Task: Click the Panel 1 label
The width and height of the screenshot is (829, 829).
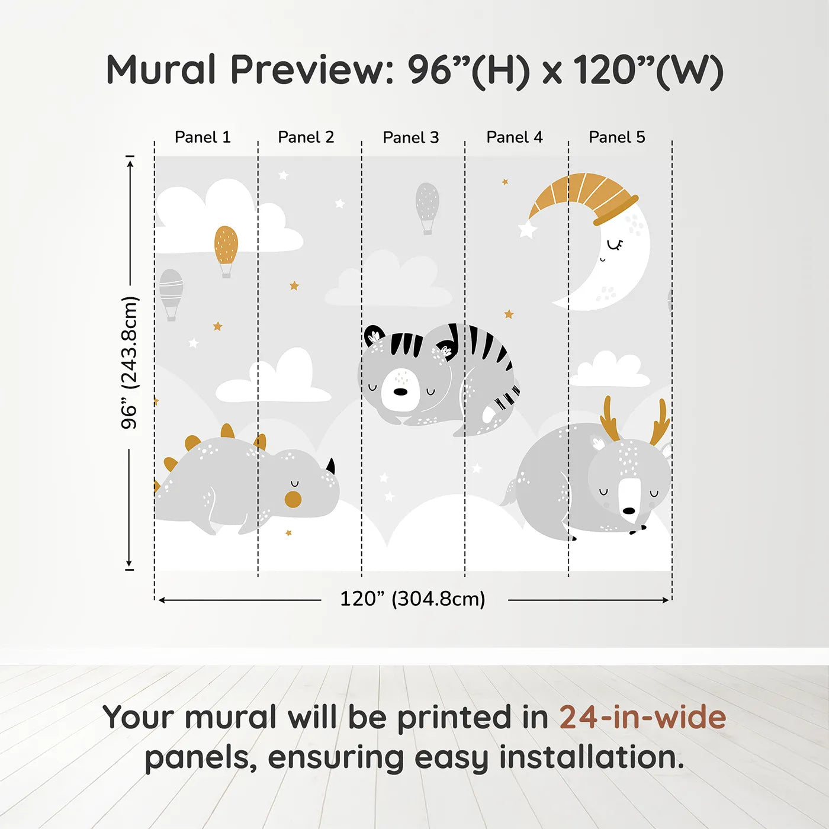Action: tap(203, 137)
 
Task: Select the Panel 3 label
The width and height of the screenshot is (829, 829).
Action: tap(410, 138)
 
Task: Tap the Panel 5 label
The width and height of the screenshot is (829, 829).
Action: tap(616, 137)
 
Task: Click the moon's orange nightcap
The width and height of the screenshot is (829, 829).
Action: tap(583, 196)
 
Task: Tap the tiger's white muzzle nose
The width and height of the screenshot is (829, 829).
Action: tap(401, 391)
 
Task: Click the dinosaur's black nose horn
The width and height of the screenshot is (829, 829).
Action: tap(330, 467)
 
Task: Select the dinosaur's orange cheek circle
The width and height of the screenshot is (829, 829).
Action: tap(293, 499)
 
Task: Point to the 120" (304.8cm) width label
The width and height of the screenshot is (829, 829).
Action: tap(412, 599)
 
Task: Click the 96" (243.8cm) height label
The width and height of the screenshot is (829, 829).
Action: tap(129, 362)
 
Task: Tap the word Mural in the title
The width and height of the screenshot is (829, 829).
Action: tap(161, 70)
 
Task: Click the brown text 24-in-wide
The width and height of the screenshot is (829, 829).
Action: tap(642, 717)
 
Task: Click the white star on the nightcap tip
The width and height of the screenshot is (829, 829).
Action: tap(526, 229)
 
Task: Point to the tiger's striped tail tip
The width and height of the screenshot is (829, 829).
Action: tap(508, 398)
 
